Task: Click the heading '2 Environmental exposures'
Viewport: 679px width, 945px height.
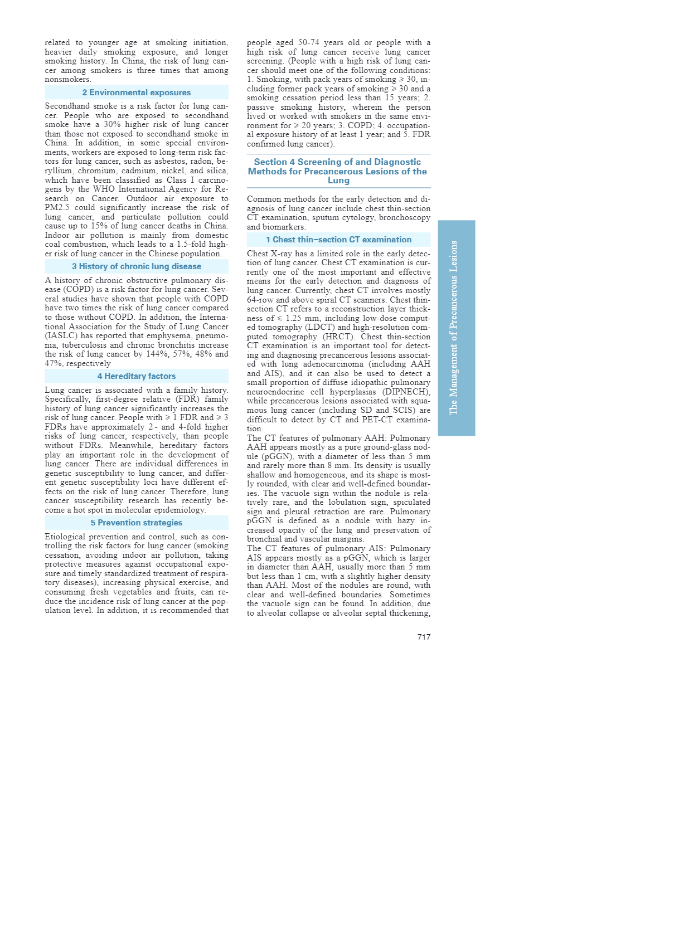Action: [x=137, y=92]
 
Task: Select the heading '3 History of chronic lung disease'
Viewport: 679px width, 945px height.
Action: [x=137, y=266]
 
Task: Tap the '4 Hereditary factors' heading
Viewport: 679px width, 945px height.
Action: [x=137, y=376]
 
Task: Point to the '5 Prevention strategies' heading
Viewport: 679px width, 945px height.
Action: [x=137, y=523]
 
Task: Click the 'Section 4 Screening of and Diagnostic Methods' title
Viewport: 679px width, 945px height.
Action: [x=338, y=171]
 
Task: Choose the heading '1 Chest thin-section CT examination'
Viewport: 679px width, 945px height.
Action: [x=338, y=240]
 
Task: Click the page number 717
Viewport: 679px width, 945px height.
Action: [x=424, y=637]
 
